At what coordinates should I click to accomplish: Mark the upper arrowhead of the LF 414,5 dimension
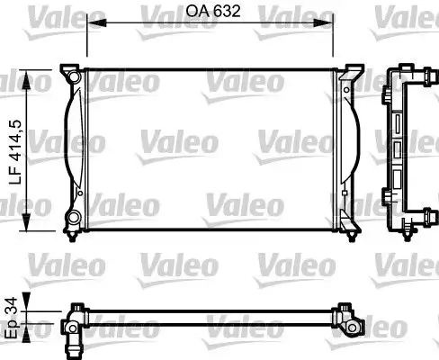[x=34, y=76]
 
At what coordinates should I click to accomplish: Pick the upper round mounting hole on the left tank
[x=73, y=78]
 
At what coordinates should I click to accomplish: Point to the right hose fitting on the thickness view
[x=347, y=316]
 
